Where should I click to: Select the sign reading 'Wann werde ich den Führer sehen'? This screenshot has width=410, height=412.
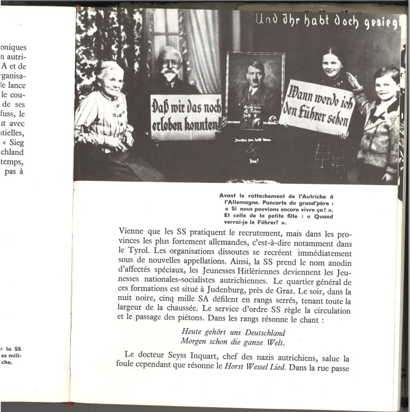coord(316,106)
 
